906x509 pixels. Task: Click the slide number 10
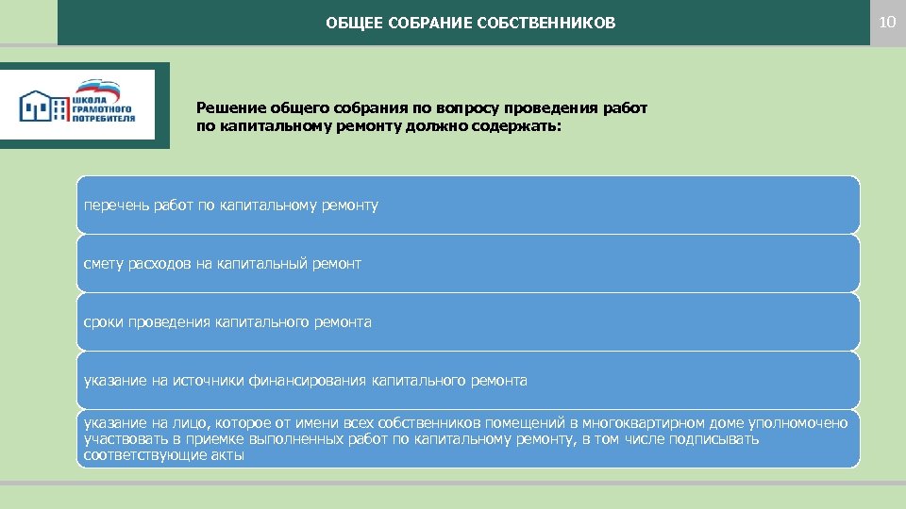[886, 22]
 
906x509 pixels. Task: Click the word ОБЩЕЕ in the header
[349, 23]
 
